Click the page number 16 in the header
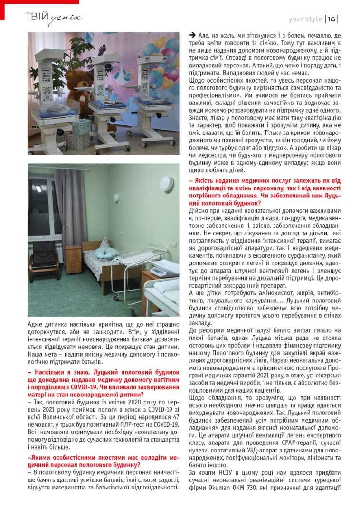click(331, 19)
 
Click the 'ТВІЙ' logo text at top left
click(37, 18)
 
